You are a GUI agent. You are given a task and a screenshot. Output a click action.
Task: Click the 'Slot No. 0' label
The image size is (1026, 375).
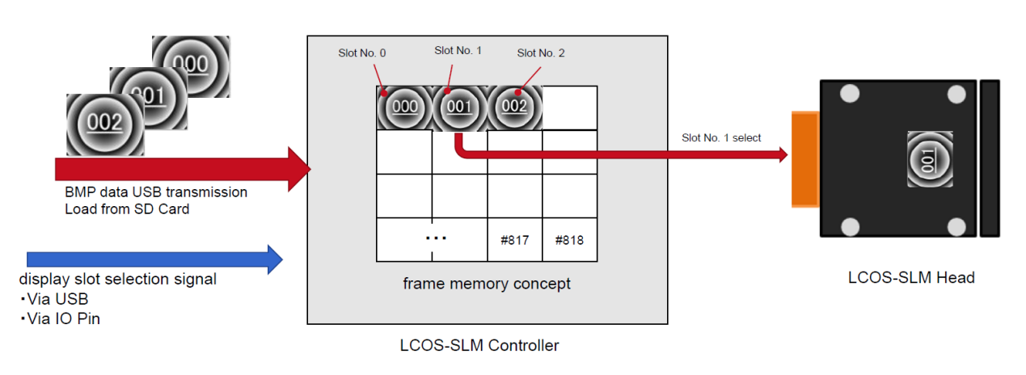pyautogui.click(x=361, y=53)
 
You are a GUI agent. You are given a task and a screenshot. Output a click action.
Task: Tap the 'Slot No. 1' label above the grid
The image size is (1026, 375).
pyautogui.click(x=458, y=50)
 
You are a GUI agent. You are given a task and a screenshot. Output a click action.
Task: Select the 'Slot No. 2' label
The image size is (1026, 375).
pyautogui.click(x=541, y=53)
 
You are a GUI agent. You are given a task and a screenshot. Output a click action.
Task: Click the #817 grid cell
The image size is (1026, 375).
pyautogui.click(x=514, y=240)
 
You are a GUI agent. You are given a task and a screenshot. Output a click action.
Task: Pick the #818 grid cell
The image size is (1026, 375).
pyautogui.click(x=569, y=240)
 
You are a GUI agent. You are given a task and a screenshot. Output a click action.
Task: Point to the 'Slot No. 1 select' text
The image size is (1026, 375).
pyautogui.click(x=721, y=138)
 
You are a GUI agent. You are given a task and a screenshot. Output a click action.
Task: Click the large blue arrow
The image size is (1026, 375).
pyautogui.click(x=154, y=259)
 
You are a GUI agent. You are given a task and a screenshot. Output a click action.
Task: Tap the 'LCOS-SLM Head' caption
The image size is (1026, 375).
pyautogui.click(x=911, y=278)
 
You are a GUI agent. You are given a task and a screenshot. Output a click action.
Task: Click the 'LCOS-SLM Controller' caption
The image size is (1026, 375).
pyautogui.click(x=479, y=346)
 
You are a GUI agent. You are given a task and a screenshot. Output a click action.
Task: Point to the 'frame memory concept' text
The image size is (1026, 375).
pyautogui.click(x=487, y=284)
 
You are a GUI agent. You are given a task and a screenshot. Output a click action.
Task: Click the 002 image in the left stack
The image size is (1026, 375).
pyautogui.click(x=105, y=124)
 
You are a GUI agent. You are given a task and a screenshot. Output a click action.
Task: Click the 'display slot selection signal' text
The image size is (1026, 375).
pyautogui.click(x=117, y=280)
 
